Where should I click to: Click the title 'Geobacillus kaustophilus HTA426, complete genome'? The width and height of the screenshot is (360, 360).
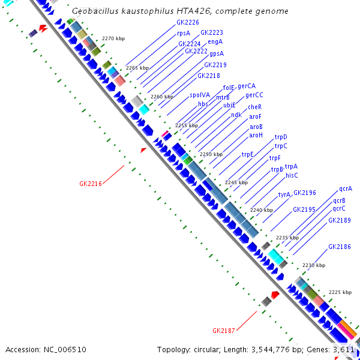[x=179, y=11]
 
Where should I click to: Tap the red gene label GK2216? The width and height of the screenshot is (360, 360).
[x=91, y=184]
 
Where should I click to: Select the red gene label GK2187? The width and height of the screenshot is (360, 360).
[x=224, y=331]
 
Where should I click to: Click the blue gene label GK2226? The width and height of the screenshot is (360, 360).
[x=188, y=22]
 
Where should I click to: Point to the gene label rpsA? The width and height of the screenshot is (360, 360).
[x=184, y=33]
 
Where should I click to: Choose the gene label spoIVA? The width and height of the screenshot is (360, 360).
[x=200, y=95]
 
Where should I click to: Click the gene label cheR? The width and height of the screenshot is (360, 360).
[x=255, y=107]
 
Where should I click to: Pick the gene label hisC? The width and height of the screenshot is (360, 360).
[x=292, y=175]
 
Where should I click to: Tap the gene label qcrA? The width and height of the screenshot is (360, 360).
[x=346, y=188]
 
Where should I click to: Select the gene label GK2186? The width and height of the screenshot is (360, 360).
[x=340, y=247]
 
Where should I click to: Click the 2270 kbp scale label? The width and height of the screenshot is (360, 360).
[x=113, y=38]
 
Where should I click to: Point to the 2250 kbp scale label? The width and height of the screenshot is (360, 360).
[x=211, y=154]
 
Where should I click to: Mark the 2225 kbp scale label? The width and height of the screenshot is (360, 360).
[x=340, y=292]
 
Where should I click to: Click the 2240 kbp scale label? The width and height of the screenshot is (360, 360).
[x=262, y=210]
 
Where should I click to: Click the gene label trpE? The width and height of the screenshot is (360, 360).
[x=248, y=155]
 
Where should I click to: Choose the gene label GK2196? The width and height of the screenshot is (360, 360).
[x=304, y=193]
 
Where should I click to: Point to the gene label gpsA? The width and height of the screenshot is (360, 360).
[x=217, y=53]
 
